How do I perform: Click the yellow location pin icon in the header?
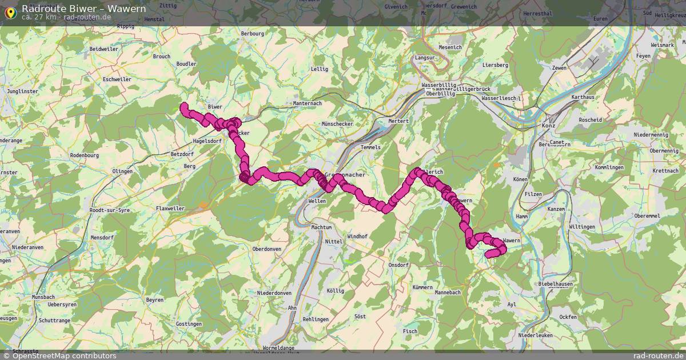[10, 12]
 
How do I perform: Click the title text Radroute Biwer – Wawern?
[83, 9]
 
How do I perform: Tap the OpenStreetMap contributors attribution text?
[63, 355]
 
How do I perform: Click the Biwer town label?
[214, 107]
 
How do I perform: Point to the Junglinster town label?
[22, 91]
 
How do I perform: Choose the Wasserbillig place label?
[439, 85]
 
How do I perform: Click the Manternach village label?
[308, 103]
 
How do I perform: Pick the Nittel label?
[334, 242]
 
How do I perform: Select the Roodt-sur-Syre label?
[109, 211]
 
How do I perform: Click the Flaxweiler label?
[170, 209]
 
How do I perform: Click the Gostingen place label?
[189, 324]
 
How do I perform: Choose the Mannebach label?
[448, 292]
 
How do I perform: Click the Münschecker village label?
[337, 124]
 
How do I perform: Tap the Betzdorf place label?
[182, 154]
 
